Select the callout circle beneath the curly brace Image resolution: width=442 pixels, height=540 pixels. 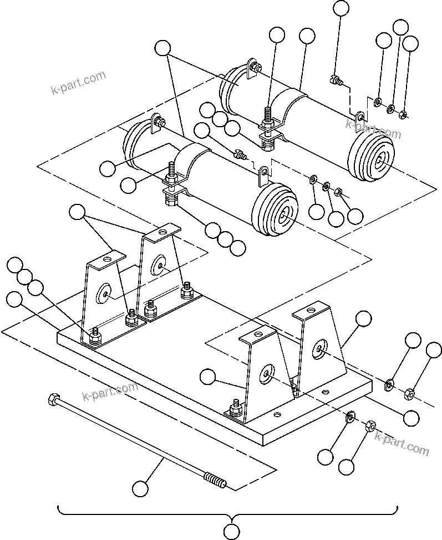(232, 532)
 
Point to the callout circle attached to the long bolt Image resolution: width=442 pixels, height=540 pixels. (141, 489)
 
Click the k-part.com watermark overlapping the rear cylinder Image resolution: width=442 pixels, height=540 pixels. (373, 129)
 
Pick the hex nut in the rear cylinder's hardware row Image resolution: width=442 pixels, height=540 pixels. (404, 114)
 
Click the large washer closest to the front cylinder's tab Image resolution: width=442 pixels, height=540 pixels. (313, 180)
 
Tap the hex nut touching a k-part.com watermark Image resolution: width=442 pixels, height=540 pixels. (371, 426)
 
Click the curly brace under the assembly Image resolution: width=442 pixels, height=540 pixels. (228, 512)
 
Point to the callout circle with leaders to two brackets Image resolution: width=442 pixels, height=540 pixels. (78, 212)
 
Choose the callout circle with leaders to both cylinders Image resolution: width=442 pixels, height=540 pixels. (163, 48)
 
